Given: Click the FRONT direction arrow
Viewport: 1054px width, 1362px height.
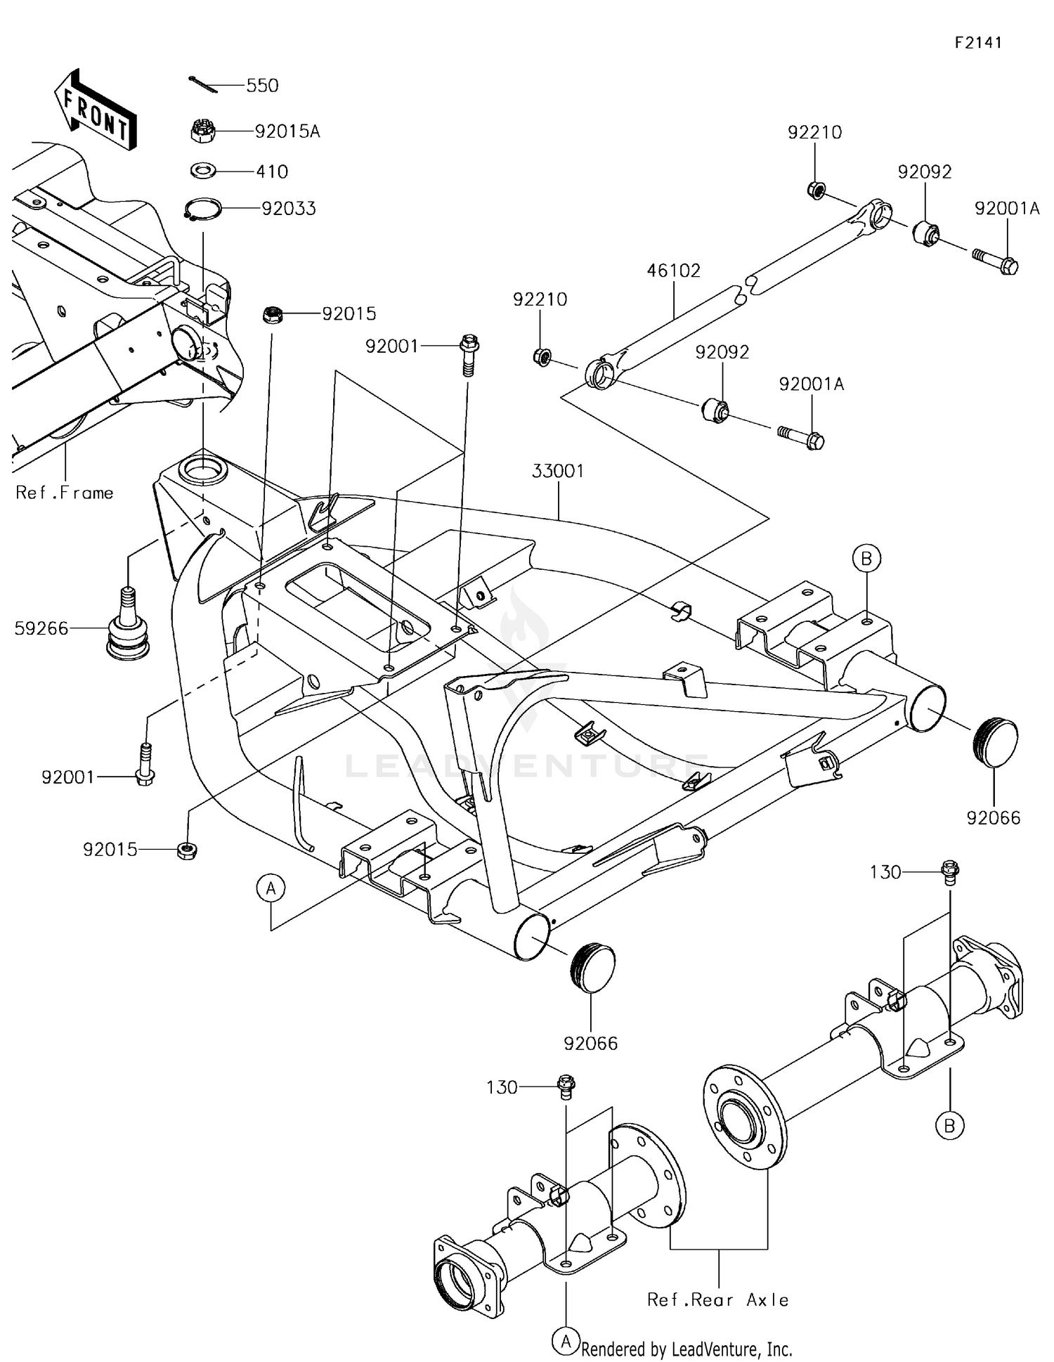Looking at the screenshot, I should click(x=96, y=111).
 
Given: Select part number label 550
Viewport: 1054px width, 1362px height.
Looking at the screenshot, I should click(x=262, y=86).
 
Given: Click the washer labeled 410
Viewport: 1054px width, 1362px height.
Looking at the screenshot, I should click(x=204, y=171).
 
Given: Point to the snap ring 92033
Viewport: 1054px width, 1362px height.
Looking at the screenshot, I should click(x=203, y=209).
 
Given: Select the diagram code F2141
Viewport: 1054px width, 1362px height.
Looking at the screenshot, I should click(x=978, y=43).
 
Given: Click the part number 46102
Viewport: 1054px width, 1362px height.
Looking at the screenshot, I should click(x=673, y=271).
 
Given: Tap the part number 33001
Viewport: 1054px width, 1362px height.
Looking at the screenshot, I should click(x=557, y=471).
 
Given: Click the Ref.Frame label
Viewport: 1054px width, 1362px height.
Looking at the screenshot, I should click(x=65, y=493).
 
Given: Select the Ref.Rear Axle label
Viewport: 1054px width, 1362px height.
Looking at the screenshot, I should click(x=717, y=1300).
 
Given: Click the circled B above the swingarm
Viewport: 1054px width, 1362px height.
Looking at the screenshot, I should click(x=866, y=559).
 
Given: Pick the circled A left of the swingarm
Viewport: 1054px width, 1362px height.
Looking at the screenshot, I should click(x=271, y=888).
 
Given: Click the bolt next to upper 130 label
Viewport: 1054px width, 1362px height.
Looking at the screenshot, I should click(x=950, y=872).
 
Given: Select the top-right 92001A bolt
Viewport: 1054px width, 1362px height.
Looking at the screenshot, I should click(x=996, y=263).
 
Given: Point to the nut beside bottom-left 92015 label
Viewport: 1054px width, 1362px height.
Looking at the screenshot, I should click(x=186, y=850).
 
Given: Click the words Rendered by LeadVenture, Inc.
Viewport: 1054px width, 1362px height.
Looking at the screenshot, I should click(x=687, y=1349).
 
